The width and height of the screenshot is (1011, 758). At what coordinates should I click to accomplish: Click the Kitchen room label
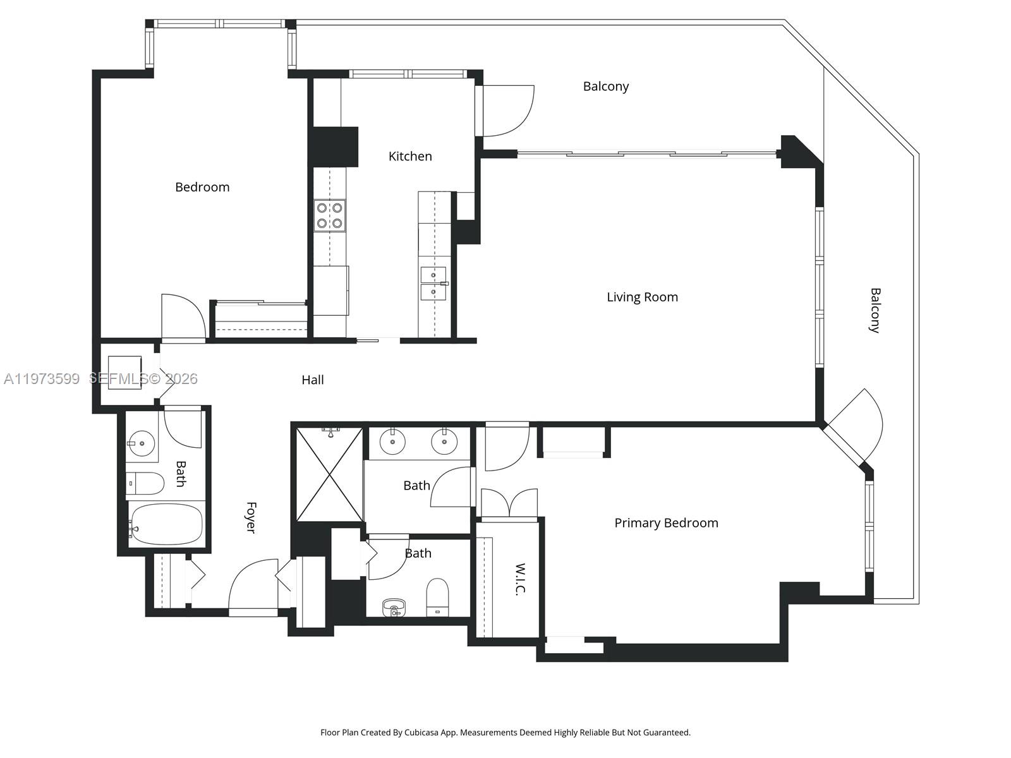click(410, 156)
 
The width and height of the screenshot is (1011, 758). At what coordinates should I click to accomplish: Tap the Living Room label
click(642, 297)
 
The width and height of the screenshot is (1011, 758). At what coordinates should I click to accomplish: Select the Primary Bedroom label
click(666, 523)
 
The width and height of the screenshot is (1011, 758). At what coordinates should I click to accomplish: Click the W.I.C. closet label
click(521, 579)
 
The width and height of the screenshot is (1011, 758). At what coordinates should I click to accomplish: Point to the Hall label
click(313, 380)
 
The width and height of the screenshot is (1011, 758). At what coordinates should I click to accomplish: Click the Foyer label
click(251, 517)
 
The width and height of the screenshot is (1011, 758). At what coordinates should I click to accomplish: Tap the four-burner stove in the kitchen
click(330, 215)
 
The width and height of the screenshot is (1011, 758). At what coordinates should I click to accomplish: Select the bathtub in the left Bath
click(166, 524)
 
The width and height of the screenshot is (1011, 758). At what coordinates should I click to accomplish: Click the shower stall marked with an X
click(330, 475)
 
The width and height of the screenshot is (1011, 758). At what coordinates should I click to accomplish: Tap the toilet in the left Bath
click(145, 483)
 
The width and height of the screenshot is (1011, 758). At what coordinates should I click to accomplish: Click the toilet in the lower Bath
click(437, 597)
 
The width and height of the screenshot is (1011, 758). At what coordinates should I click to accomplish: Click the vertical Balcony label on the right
click(875, 310)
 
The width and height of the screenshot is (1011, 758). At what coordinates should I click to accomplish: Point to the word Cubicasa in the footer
click(428, 733)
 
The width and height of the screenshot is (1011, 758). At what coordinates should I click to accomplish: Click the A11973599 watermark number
click(42, 379)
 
